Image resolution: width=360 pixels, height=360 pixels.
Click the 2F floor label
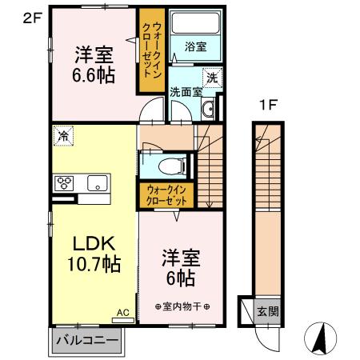pos(33,18)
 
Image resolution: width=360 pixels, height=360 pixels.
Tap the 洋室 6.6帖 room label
pos(94,65)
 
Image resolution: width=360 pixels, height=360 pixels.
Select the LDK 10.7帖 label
pos(94,254)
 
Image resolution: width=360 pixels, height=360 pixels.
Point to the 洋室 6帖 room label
pos(181,268)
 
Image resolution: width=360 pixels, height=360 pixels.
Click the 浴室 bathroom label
pos(195,47)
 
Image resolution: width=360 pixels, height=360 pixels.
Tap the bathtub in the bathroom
pos(195,22)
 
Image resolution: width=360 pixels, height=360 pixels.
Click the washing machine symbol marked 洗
pos(212,78)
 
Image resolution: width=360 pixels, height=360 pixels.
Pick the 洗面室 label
pos(186,92)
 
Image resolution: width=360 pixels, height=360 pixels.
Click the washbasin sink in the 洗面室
pos(208,109)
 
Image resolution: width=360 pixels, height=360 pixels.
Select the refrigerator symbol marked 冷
pos(63,136)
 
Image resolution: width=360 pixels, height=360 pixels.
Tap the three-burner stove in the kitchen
pos(64,183)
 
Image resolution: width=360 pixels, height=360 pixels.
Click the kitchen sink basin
pos(98,183)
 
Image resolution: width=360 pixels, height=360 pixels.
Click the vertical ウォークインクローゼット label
pos(153,50)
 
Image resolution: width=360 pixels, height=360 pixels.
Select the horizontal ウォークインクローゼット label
pos(166,195)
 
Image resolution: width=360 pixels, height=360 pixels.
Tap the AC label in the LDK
pos(123,313)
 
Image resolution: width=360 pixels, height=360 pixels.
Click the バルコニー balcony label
pos(87,340)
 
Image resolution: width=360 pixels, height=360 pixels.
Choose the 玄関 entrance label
pos(268,311)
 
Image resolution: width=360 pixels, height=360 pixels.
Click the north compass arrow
pos(321,338)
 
